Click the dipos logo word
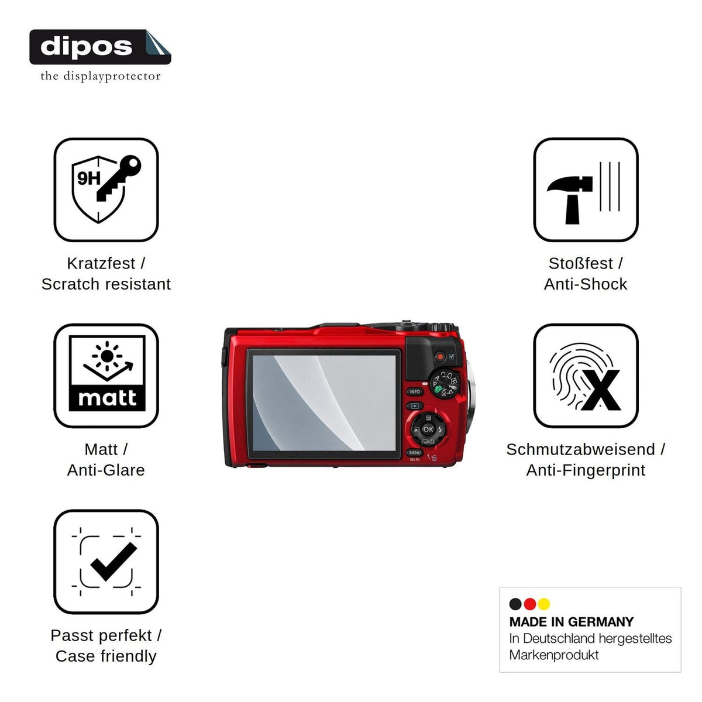[86, 47]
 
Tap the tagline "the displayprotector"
[100, 77]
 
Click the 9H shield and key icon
[106, 190]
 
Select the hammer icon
[570, 199]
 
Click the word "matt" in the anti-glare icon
[107, 398]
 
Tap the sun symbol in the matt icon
[106, 356]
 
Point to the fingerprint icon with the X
[585, 377]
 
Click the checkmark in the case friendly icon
[113, 562]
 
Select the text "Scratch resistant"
[106, 284]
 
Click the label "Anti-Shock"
[586, 284]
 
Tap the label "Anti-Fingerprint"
[586, 470]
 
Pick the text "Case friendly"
[106, 656]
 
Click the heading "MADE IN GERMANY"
[571, 622]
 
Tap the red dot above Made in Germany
[529, 604]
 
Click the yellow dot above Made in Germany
[544, 604]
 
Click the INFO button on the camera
[415, 391]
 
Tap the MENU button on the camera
[415, 452]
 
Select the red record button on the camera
[440, 356]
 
